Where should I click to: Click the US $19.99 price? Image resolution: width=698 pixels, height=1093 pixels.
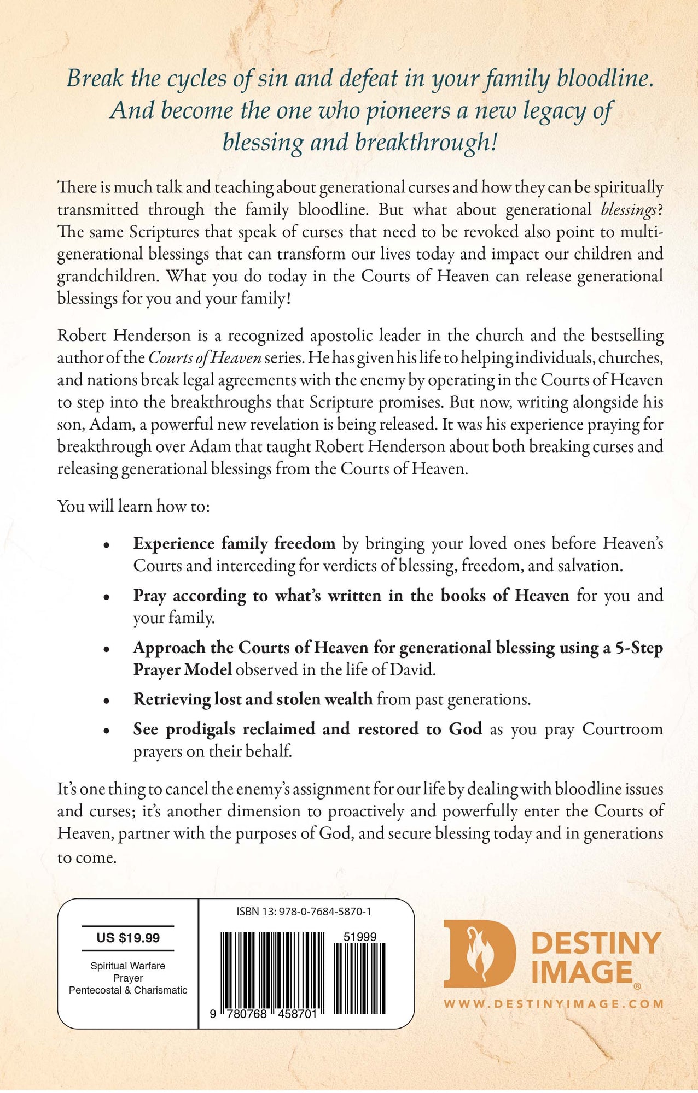(128, 938)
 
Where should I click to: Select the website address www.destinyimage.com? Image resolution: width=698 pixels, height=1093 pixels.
(554, 1004)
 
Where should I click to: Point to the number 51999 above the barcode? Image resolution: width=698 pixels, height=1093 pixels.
(360, 937)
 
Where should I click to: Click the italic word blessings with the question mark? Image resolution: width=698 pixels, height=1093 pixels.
(631, 210)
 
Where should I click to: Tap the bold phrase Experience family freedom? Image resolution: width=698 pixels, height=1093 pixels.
(234, 543)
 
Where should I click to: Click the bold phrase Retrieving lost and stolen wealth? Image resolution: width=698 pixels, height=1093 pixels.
(253, 699)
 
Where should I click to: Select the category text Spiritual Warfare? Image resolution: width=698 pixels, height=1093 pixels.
(128, 966)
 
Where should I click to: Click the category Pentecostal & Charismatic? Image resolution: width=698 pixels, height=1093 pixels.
(128, 990)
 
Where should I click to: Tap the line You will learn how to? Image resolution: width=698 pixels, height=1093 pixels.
(133, 506)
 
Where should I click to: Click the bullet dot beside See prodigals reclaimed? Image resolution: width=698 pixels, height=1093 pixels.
(107, 731)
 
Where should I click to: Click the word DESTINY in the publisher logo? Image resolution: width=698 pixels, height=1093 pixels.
(596, 943)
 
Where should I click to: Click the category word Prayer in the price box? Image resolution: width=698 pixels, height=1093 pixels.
(128, 978)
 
